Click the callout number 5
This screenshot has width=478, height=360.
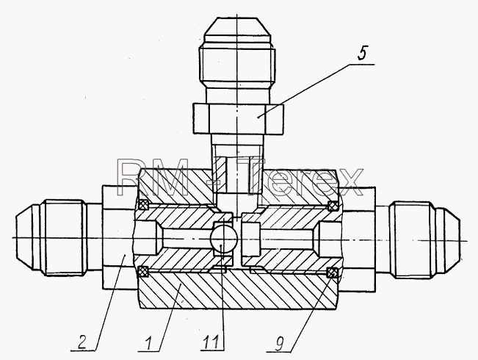pos(362,54)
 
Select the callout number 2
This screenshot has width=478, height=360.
pos(83,342)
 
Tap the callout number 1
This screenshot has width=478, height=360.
pos(148,343)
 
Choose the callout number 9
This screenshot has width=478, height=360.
pos(278,344)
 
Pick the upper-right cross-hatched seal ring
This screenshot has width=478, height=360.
pos(333,206)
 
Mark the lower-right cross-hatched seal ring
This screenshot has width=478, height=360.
pos(333,273)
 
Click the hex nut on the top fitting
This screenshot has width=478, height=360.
pos(238,119)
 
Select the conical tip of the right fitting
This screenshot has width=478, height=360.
pos(448,240)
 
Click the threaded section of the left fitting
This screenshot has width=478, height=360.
pos(64,237)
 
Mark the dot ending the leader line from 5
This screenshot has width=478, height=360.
pos(258,117)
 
